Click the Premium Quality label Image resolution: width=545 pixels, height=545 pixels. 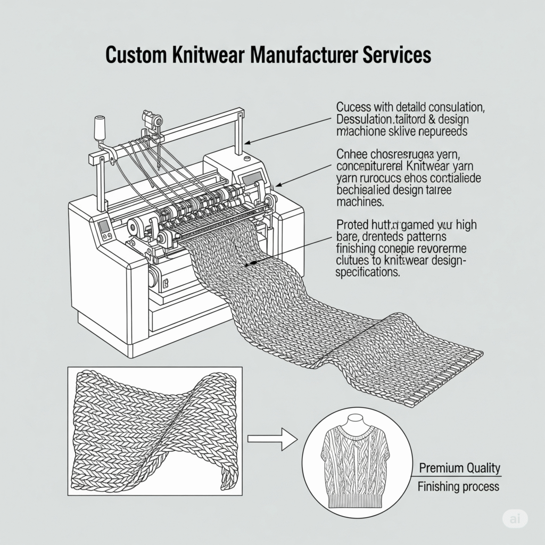tap(459, 468)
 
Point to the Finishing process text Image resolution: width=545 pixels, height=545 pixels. tap(458, 486)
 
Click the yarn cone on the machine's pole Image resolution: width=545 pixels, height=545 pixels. tap(98, 128)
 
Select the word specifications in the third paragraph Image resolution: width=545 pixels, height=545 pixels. tap(368, 272)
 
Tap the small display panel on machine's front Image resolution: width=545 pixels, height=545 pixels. tap(104, 227)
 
